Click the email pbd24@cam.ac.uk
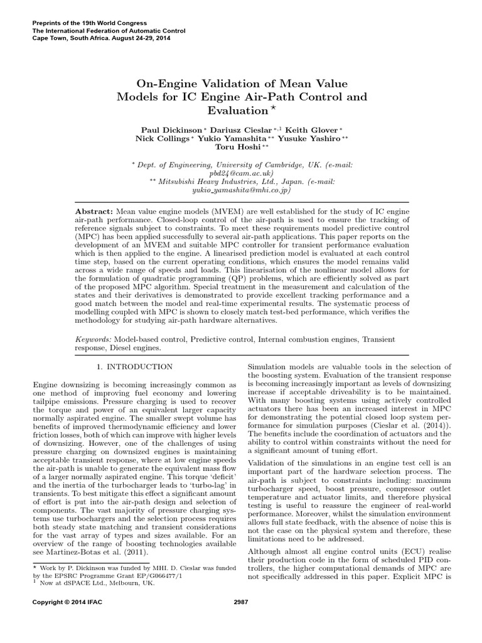click(242, 171)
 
